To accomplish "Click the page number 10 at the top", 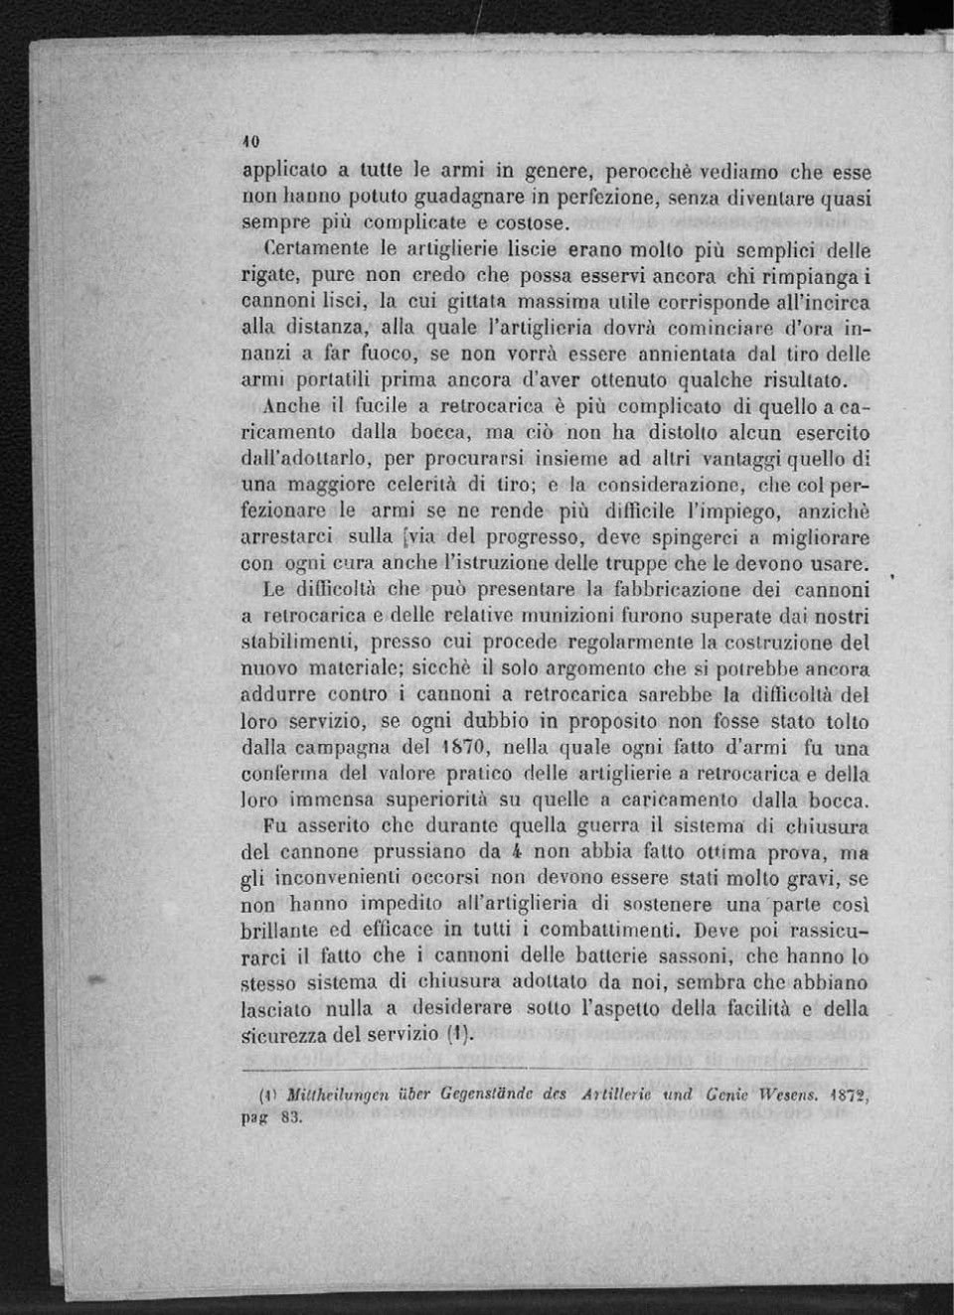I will (x=250, y=140).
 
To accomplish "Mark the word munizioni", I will (x=550, y=616).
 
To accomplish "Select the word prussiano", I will (x=417, y=851).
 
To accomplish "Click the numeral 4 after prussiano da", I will (x=517, y=851).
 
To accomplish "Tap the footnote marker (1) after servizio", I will (x=458, y=1034).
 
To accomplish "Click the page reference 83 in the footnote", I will (x=291, y=1116).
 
